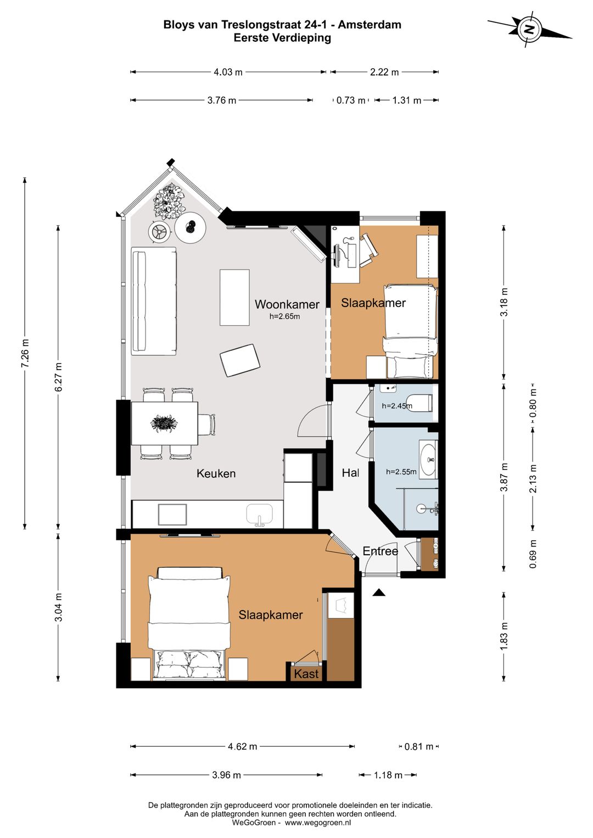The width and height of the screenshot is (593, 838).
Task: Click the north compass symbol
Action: pos(529,29)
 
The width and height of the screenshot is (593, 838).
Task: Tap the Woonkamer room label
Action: pos(287,304)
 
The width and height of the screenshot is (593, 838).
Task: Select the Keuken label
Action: pos(216,473)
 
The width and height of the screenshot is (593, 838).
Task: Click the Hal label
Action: pos(350,472)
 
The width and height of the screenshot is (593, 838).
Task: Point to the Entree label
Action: pos(380,551)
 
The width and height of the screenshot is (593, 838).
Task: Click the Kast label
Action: pos(306,674)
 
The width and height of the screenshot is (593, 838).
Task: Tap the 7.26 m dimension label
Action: pos(25,353)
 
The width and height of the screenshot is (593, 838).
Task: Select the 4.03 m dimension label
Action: pos(228,72)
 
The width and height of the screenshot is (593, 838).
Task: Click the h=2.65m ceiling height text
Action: pos(285,316)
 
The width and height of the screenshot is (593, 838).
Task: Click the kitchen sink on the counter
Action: pos(259,515)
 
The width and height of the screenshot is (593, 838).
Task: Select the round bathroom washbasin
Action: pos(429,460)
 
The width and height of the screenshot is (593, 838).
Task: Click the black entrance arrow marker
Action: pos(379,592)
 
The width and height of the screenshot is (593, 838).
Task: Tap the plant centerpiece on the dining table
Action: pos(164,423)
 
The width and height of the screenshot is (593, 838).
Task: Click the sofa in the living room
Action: pos(154,301)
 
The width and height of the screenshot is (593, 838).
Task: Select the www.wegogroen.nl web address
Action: pos(317,823)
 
